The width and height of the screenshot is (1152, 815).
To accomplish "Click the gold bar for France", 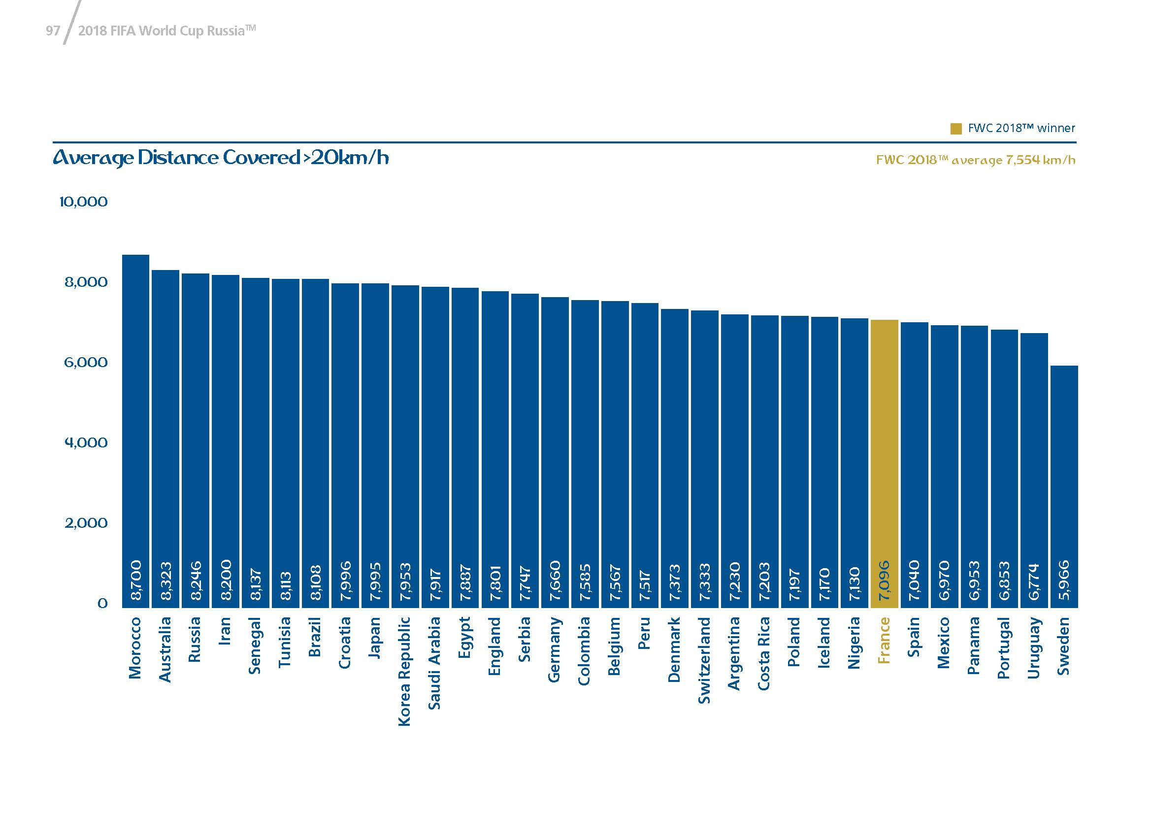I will (884, 452).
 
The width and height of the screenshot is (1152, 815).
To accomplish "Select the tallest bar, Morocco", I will (135, 427).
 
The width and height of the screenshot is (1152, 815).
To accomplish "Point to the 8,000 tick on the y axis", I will (86, 282).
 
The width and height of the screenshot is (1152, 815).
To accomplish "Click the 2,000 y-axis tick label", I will (86, 523).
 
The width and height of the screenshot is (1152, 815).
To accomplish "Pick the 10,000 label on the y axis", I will (83, 202).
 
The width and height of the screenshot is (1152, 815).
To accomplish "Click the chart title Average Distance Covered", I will (221, 158).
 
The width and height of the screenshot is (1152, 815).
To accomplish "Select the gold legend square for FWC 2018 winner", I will (956, 129).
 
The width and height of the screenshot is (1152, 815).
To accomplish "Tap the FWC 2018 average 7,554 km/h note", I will (975, 160).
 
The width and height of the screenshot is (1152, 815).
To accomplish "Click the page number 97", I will (53, 31).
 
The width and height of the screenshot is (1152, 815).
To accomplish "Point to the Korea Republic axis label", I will (404, 671).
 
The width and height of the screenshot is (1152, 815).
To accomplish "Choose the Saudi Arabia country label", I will (434, 662).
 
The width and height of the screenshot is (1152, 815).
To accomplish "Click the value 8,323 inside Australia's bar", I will (165, 581).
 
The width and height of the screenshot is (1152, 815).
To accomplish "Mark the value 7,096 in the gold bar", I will (884, 581).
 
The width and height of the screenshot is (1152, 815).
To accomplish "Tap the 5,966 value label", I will (1064, 581).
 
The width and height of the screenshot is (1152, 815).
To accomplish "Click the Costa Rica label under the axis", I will (764, 653).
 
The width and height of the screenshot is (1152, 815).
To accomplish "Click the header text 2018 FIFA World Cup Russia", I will (167, 31).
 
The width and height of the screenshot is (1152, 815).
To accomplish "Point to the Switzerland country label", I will (704, 660).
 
